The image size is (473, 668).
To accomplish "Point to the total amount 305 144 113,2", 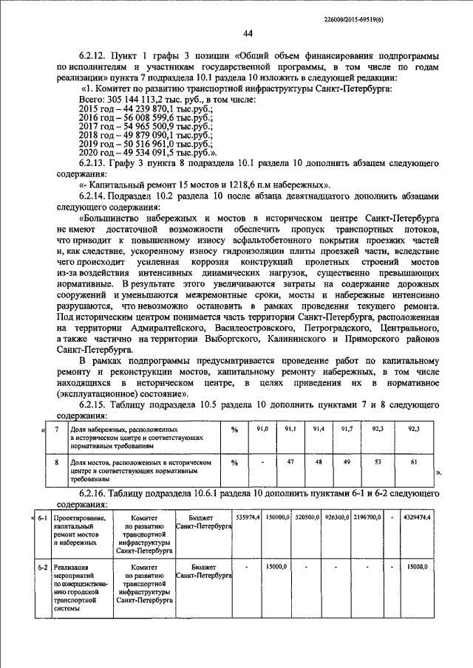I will [x=136, y=98].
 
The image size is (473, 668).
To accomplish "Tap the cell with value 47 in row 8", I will [x=290, y=462].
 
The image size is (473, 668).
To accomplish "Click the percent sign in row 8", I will [x=234, y=462].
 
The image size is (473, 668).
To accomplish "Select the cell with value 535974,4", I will [x=247, y=517].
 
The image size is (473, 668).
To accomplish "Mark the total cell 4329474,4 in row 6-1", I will [x=418, y=517].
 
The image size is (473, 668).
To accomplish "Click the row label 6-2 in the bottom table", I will [x=43, y=566].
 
